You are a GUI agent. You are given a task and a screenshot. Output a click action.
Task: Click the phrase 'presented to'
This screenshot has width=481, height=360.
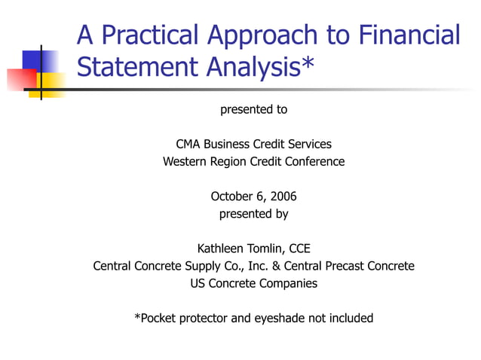tap(253, 110)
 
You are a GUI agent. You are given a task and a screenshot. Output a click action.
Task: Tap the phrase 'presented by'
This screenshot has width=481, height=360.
tap(253, 214)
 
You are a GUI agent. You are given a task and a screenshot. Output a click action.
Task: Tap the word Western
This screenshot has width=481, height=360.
tap(185, 161)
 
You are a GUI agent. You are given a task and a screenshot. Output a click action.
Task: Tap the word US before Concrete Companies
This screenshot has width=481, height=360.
tap(198, 283)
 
